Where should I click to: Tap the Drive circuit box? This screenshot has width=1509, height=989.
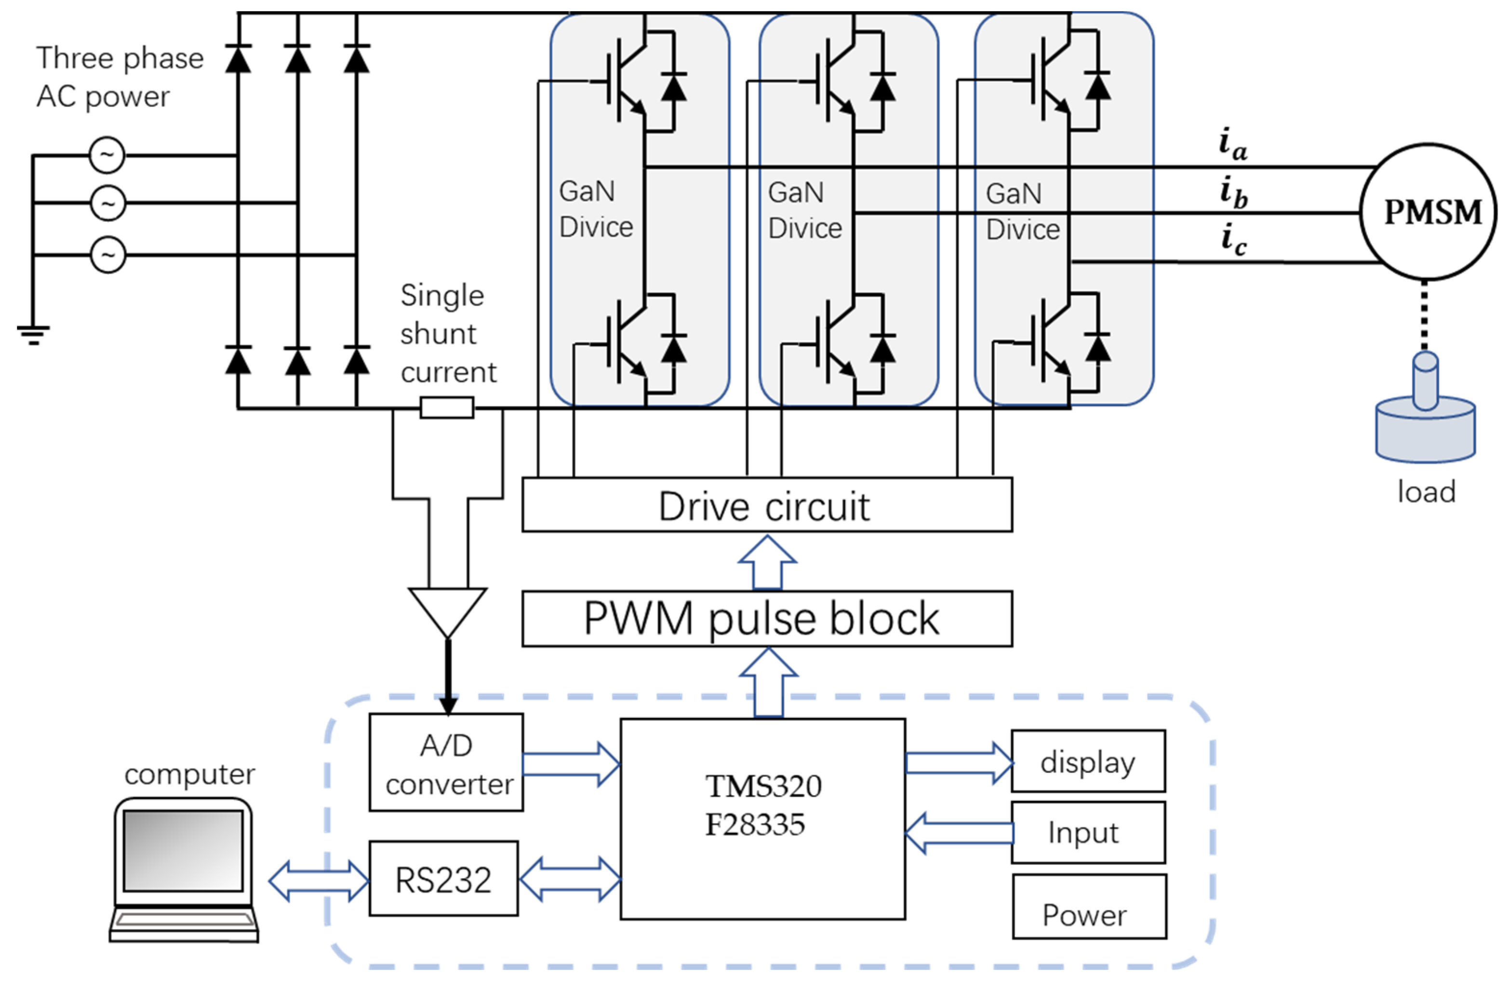pos(766,505)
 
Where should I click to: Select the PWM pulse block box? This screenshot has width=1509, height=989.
pos(766,619)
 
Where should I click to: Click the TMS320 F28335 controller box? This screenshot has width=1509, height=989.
pos(762,818)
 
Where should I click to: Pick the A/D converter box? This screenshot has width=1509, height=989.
pos(446,762)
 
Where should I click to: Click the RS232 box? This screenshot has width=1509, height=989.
pos(443,879)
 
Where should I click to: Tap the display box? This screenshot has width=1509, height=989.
pos(1088,761)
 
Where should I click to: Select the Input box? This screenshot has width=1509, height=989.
pos(1088,832)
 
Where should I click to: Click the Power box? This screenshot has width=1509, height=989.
pos(1089,907)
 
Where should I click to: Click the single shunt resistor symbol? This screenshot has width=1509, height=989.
pos(447,408)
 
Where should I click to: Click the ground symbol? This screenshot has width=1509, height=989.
pos(33,334)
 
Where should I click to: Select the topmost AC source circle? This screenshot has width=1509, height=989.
pos(107,155)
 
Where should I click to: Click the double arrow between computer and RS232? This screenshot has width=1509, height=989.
pos(318,881)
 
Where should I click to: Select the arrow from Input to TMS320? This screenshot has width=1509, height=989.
pos(958,832)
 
